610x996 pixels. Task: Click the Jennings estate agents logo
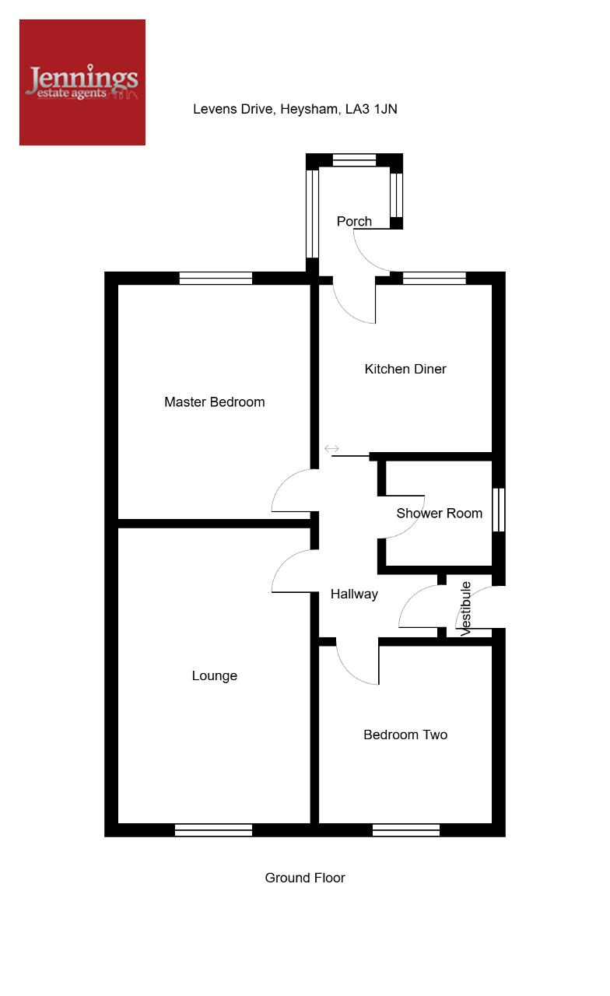point(82,82)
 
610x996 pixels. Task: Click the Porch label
point(354,222)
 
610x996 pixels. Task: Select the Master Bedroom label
point(214,402)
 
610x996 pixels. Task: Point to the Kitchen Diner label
point(405,369)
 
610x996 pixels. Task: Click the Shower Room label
point(440,514)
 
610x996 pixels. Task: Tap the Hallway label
point(354,594)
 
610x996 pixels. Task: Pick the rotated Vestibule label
point(465,608)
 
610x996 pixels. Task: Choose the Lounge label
point(214,676)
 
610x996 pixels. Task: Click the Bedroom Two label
point(405,735)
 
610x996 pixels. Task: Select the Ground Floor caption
point(305,878)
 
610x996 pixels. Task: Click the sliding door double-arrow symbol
point(331,449)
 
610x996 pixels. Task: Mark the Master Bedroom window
point(216,279)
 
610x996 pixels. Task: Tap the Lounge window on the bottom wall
point(213,830)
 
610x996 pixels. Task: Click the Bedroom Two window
point(406,830)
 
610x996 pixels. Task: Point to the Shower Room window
point(499,510)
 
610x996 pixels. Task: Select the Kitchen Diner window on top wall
point(434,279)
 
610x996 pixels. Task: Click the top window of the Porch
point(354,160)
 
